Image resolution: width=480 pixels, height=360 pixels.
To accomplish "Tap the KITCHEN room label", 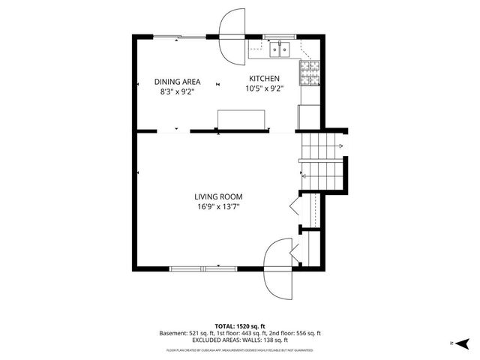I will pos(264,78).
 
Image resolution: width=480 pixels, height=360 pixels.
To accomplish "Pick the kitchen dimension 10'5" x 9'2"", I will pos(264,88).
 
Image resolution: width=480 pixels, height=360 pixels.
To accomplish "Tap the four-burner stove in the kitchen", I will pos(310,72).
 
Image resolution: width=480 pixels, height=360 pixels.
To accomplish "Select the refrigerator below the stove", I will pos(310,117).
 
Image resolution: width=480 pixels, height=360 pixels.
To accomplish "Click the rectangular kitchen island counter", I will pos(241,120).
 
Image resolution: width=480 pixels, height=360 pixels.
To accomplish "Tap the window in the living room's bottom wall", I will pos(205,267).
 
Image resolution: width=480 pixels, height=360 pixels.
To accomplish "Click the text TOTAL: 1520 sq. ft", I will pos(240,326).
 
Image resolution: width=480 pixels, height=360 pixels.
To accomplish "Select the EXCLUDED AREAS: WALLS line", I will pos(240,340).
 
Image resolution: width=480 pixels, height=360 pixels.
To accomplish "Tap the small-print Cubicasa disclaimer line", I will pos(240,350).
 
